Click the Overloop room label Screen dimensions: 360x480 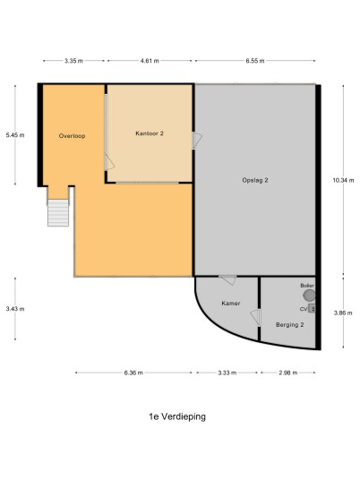[x=72, y=136]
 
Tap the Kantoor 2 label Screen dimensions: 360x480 [x=150, y=133]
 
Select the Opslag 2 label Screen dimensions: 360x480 [x=255, y=180]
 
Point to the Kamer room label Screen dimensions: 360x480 [x=231, y=303]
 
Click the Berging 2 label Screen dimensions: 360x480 [x=290, y=325]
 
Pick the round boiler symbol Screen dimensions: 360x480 [x=309, y=296]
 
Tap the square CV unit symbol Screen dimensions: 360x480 [x=312, y=308]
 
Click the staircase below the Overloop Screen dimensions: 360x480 [x=58, y=213]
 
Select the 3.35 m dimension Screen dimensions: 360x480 [x=73, y=61]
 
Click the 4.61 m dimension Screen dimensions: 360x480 [x=150, y=61]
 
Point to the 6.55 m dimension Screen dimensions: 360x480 [x=255, y=61]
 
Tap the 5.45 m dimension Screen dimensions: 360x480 [x=15, y=135]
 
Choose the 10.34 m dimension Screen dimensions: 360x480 [x=343, y=180]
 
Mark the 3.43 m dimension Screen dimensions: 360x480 [x=15, y=309]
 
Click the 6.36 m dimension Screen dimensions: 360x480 [x=133, y=373]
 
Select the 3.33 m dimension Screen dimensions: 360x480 [x=227, y=373]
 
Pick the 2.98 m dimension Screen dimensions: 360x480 [x=287, y=373]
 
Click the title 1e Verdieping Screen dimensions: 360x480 [x=177, y=416]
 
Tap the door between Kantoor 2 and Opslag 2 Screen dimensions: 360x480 [x=197, y=141]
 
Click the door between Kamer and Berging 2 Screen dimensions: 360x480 [x=255, y=318]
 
